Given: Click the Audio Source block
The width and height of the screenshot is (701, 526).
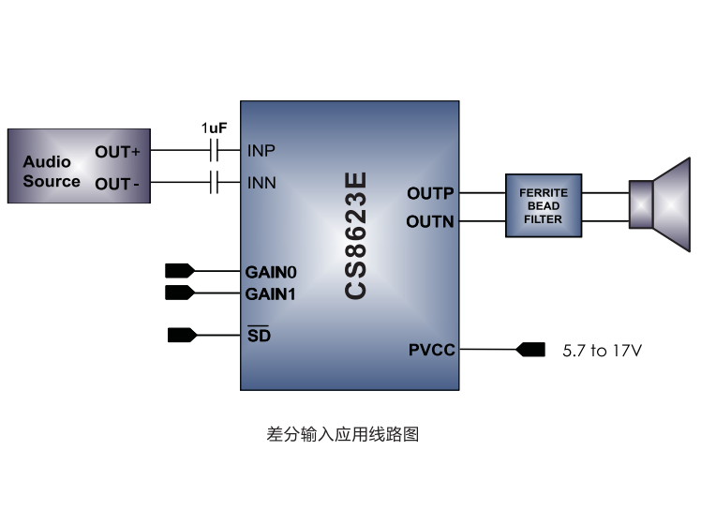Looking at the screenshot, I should point(78,166).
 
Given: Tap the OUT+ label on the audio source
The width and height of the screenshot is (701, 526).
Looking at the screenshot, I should point(117,151).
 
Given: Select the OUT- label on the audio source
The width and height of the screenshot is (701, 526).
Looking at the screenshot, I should point(117,183).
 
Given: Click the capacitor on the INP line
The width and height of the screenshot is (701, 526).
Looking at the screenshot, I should point(215,150).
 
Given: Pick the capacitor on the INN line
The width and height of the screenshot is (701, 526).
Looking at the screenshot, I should point(215,182).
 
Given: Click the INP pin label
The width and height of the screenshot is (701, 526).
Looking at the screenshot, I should point(261,150).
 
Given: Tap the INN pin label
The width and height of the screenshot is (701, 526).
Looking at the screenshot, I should point(261,182).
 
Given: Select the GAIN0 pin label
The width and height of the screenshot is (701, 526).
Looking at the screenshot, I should point(271,272).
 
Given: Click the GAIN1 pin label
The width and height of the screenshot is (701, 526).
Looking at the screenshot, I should point(271,293).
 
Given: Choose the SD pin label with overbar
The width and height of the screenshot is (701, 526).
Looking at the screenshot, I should point(258,335).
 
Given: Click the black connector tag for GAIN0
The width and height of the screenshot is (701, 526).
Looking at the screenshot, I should point(179,271).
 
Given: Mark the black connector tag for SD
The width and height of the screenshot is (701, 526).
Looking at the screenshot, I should point(180,334).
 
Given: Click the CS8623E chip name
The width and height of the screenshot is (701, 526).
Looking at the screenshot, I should point(355,235).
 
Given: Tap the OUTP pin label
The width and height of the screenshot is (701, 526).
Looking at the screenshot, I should point(430,193).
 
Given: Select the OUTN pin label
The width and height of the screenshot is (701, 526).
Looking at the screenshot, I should point(430,221).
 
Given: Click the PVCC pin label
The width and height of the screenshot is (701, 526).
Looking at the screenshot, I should point(432,350).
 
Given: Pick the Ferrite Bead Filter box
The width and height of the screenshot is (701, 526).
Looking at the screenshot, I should point(543,206).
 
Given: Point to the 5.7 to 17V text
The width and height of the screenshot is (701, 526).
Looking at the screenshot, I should point(602,351).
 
